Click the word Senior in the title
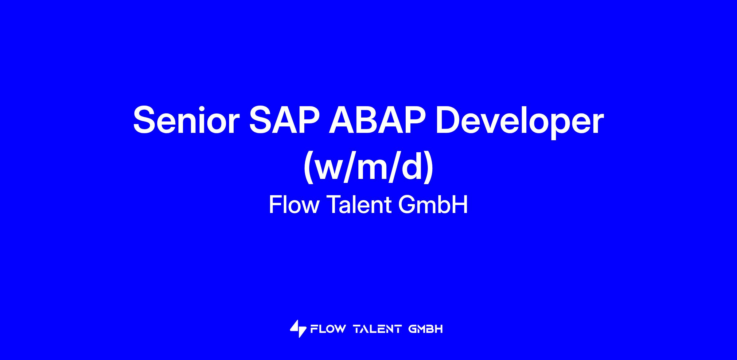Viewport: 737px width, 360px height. click(x=186, y=120)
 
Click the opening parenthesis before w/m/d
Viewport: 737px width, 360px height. click(x=308, y=167)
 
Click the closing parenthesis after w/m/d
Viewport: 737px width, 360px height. click(x=429, y=167)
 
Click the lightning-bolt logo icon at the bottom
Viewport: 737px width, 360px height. click(x=298, y=329)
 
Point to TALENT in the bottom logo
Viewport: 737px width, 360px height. click(x=378, y=329)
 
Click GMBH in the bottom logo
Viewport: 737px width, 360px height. click(x=426, y=329)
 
